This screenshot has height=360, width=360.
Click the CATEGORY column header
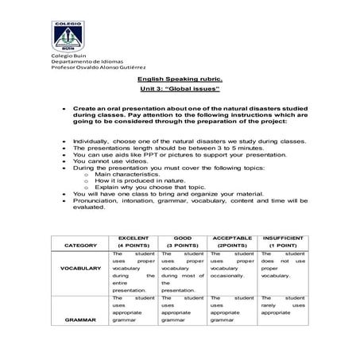79,246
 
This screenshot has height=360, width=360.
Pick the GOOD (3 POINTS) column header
183,242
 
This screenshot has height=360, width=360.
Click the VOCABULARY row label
79,269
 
